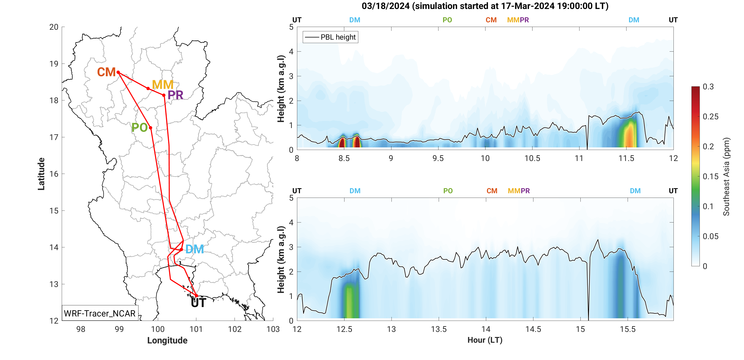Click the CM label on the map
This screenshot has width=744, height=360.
(106, 72)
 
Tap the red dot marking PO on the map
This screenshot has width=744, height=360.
(150, 128)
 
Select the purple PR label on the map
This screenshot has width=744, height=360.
(175, 95)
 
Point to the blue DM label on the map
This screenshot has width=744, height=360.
(194, 249)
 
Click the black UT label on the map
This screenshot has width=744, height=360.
(198, 303)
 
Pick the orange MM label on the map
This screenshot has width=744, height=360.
(163, 85)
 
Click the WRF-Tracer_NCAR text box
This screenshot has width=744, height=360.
(100, 313)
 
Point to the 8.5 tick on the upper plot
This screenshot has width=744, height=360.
(344, 158)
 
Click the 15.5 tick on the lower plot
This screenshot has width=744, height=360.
(628, 329)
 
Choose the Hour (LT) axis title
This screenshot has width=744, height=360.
(485, 340)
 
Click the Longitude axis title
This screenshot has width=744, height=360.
(167, 340)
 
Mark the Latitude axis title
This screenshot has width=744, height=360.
(41, 174)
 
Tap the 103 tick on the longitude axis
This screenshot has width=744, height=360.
(273, 329)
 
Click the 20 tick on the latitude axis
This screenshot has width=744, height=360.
(54, 27)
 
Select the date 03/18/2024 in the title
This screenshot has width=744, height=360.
(385, 6)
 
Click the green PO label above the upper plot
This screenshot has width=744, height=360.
(447, 20)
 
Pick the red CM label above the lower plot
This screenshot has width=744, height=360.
(492, 191)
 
